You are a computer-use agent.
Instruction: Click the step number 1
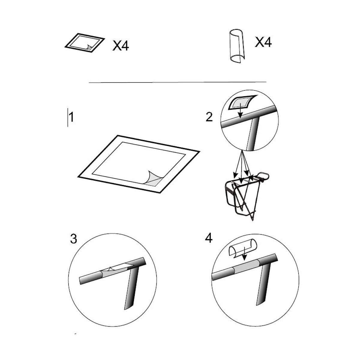coord(71,117)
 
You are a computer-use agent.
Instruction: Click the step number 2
coord(209,117)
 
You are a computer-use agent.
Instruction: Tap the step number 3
coord(73,239)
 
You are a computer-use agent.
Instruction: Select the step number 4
coord(209,238)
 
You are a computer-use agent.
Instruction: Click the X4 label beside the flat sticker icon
coord(121,46)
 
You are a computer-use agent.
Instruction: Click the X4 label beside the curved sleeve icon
coord(263,42)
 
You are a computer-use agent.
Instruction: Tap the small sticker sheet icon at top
coord(85,43)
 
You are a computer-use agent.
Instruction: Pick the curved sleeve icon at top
coord(237,46)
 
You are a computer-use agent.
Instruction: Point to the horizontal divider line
coord(178,82)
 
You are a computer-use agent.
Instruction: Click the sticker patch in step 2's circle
coord(242,102)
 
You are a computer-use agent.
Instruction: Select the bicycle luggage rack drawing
coord(247,195)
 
